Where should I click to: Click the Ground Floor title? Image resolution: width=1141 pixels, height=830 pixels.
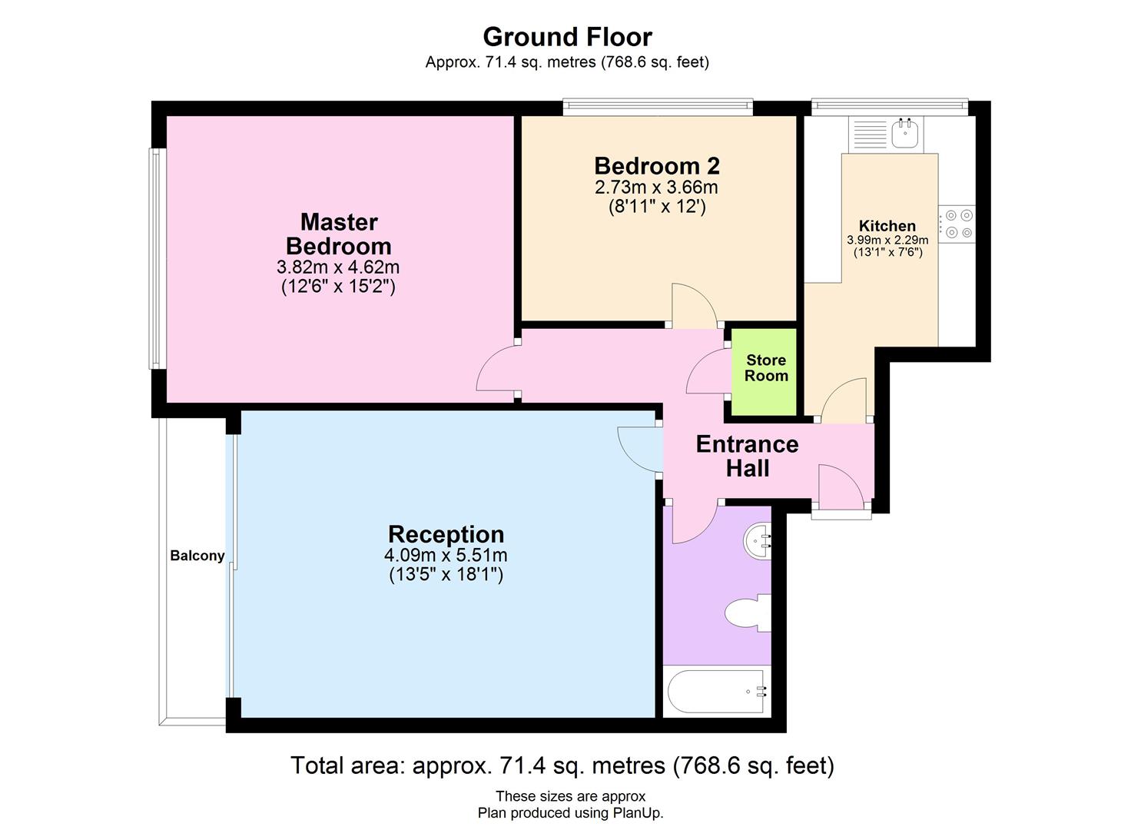pos(567,37)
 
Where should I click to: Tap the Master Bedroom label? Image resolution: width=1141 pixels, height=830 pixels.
pos(339,234)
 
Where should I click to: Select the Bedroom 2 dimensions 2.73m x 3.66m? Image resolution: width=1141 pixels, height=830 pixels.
pos(656,187)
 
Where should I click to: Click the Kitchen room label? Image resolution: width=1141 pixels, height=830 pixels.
pos(887,226)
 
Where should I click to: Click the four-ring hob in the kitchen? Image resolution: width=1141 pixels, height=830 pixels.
pos(957,224)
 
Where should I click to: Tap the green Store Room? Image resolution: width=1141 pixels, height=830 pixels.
pos(764,371)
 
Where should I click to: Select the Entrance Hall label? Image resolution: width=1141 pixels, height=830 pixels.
pos(748,456)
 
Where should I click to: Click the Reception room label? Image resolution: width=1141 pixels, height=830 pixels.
pos(446,534)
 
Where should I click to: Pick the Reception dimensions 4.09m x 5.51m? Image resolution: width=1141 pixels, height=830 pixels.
pos(446,555)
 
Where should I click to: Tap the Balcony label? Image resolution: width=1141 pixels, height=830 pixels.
pos(197,556)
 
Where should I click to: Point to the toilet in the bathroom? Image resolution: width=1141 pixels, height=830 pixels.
pos(748,613)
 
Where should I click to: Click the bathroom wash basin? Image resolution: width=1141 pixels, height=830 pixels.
pos(758,542)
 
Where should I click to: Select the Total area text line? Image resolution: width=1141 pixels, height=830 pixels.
pos(562,765)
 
